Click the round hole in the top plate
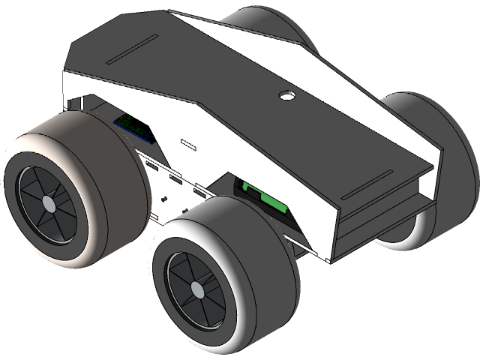(286, 96)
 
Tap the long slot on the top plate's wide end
(131, 50)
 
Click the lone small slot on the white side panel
(187, 141)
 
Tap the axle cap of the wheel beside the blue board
(48, 203)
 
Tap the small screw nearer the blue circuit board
(164, 199)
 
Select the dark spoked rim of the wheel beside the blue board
(34, 191)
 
